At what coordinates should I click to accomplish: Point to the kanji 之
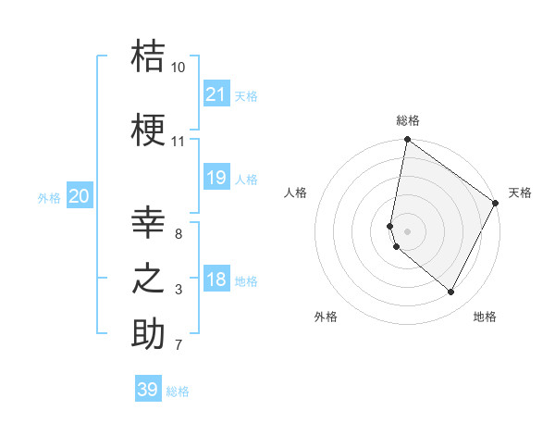[x=148, y=280]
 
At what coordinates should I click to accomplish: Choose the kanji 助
[x=148, y=334]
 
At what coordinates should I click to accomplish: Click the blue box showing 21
[x=216, y=94]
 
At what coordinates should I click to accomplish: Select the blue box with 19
[x=216, y=178]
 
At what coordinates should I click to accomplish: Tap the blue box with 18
[x=216, y=280]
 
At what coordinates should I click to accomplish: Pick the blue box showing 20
[x=80, y=196]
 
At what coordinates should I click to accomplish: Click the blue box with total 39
[x=147, y=390]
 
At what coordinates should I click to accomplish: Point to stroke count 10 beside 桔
[x=178, y=68]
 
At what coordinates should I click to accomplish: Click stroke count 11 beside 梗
[x=178, y=142]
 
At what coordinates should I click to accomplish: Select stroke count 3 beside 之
[x=179, y=290]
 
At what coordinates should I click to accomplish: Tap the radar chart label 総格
[x=407, y=120]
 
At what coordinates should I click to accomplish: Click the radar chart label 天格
[x=520, y=193]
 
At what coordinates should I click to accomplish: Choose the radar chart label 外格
[x=325, y=317]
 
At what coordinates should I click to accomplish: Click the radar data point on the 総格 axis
[x=407, y=140]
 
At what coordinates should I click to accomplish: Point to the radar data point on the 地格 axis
[x=451, y=292]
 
